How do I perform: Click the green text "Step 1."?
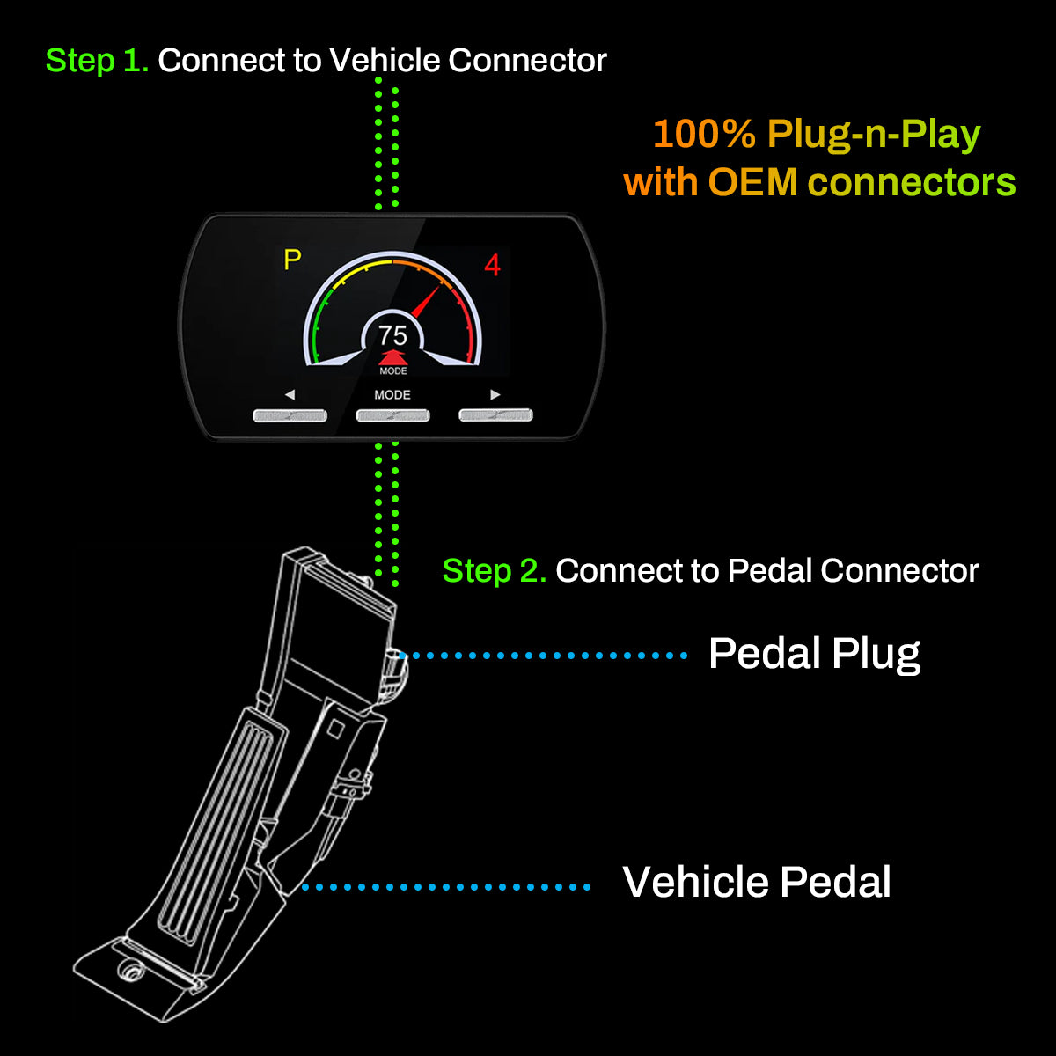(97, 61)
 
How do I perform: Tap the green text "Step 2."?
(494, 571)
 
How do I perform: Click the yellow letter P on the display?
(292, 260)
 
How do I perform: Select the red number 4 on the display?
(492, 265)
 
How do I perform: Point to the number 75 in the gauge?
(392, 335)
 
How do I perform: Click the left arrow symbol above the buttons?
(290, 395)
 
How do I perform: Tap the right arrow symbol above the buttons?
(495, 395)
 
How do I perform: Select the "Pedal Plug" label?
(814, 654)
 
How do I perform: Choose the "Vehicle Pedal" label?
(757, 883)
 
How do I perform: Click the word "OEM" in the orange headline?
(752, 183)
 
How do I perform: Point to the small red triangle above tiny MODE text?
(392, 357)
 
